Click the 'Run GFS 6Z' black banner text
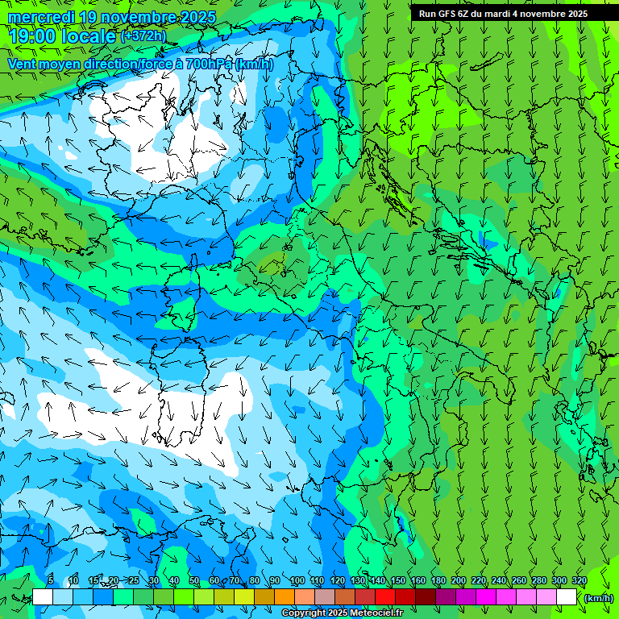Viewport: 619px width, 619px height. tap(448, 14)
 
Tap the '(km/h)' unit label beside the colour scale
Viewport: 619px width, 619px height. tap(598, 598)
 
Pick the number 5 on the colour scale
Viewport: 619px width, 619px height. tap(51, 580)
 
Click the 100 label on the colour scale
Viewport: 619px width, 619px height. tap(297, 580)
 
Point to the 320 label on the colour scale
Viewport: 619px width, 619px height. tap(579, 580)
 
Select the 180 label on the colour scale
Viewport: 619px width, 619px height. tap(438, 580)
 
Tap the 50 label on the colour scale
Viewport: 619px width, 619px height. tap(194, 580)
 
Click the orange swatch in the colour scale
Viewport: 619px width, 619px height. tap(285, 597)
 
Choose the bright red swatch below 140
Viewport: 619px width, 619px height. tap(385, 597)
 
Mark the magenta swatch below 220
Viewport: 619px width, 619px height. tap(486, 597)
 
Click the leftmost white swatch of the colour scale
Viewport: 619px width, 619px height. tap(43, 597)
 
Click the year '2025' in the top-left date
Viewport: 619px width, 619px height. tap(197, 17)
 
